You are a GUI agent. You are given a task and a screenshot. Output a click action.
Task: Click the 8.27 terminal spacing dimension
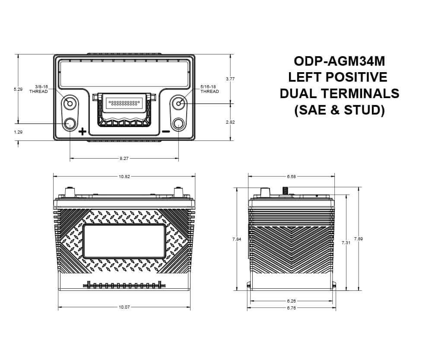click(x=124, y=159)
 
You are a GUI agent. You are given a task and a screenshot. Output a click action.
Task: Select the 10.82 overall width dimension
click(x=124, y=176)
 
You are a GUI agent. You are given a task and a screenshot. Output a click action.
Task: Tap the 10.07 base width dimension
click(x=124, y=307)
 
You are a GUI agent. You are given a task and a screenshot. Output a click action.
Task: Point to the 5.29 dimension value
click(x=18, y=89)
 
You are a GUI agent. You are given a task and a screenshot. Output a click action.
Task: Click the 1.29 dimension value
click(x=18, y=132)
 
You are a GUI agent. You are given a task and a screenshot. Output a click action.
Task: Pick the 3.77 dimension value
click(x=230, y=79)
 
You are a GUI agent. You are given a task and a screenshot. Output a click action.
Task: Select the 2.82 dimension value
click(x=230, y=122)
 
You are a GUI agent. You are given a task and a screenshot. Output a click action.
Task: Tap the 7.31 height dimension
click(x=346, y=243)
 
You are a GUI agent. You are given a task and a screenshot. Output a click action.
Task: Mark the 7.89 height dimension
click(x=358, y=239)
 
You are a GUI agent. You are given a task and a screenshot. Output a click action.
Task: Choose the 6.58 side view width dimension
click(x=291, y=176)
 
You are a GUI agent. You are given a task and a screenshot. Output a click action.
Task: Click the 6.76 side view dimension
click(x=291, y=308)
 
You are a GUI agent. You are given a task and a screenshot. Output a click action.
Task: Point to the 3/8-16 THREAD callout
click(x=38, y=89)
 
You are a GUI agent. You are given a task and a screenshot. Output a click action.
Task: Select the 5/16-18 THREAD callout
click(x=210, y=89)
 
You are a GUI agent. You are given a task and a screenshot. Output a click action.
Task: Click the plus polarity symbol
click(x=83, y=132)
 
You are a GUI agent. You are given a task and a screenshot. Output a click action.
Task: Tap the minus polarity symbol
click(x=165, y=132)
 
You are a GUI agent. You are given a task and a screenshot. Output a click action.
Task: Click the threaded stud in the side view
click(x=285, y=190)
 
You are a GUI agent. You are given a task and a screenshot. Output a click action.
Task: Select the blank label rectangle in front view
click(x=124, y=241)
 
